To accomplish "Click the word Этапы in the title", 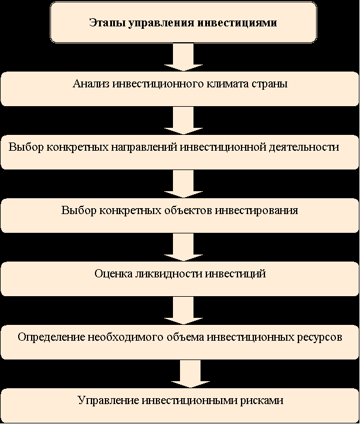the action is (107, 22).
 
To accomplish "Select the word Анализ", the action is (91, 84).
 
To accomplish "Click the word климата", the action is (227, 84).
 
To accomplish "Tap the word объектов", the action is (191, 211).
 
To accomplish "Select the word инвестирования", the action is (256, 211).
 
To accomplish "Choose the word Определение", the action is (52, 337).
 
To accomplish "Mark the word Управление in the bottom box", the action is (108, 401).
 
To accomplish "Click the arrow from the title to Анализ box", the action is (184, 57).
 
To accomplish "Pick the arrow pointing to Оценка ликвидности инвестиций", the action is (184, 247).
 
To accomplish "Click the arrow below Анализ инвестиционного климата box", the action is (184, 120).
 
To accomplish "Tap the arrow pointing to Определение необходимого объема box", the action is (184, 310).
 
